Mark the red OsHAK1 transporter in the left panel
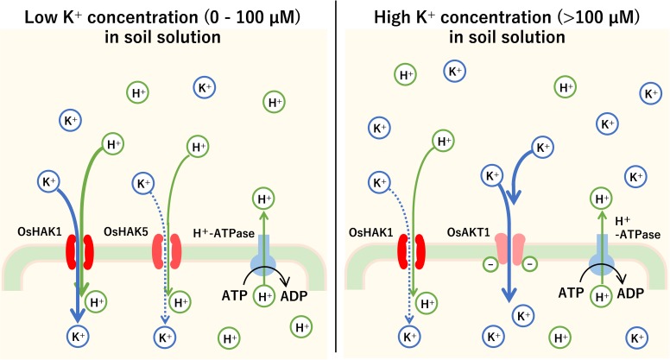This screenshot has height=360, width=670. pyautogui.click(x=80, y=250)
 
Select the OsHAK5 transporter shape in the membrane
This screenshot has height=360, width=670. pyautogui.click(x=168, y=250)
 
